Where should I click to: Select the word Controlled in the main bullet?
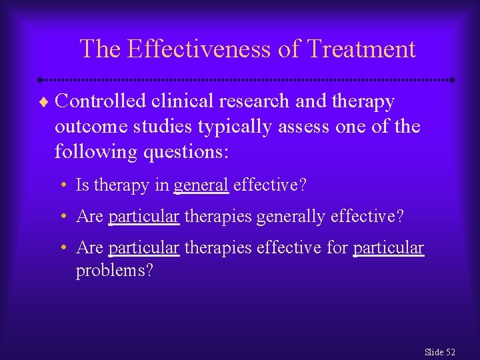point(101,101)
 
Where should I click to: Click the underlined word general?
point(201,185)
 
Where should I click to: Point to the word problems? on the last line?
point(114,271)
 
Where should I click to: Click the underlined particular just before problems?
point(388,249)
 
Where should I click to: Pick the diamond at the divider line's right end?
point(452,80)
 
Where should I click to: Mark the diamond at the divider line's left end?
point(40,80)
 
